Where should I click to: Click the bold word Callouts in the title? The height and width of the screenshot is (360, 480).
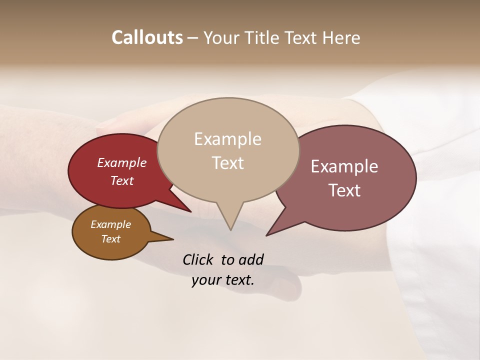[147, 38]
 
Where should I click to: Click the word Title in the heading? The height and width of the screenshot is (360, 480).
[265, 38]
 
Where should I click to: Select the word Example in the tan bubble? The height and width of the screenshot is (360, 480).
[227, 139]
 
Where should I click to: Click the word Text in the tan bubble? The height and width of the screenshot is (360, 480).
[227, 163]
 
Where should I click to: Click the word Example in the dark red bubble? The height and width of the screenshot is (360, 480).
[122, 163]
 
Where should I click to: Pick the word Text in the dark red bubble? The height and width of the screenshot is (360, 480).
[122, 181]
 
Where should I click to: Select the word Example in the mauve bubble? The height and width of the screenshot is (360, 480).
[344, 166]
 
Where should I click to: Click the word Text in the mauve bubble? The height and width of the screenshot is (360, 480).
[344, 190]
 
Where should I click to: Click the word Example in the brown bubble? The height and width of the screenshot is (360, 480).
[111, 225]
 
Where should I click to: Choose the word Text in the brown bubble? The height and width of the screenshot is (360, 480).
[111, 239]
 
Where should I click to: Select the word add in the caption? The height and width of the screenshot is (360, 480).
[251, 259]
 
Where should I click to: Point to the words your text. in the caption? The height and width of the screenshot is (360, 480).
[223, 280]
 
